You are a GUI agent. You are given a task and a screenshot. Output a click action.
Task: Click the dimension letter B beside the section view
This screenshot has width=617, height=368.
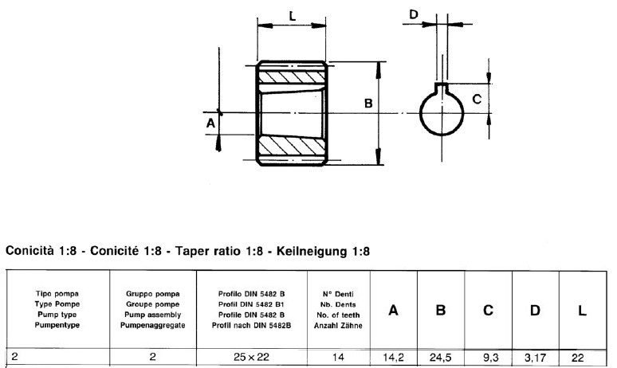coord(368,104)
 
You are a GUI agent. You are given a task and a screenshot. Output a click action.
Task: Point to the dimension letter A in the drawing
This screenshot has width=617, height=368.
coord(210,123)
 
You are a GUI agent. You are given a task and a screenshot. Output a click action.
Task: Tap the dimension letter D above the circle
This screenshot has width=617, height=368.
coord(414,14)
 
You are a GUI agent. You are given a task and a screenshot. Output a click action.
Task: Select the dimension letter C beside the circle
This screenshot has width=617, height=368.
coord(476,100)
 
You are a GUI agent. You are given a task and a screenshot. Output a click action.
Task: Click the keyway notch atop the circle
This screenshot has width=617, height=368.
coord(442,88)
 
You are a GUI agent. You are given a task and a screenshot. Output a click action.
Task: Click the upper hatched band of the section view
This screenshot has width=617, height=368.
coord(292,79)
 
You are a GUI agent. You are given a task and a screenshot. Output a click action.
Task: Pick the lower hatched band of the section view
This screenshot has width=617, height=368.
coord(292,147)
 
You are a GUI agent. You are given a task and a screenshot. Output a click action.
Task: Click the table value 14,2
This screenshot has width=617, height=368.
coord(393,358)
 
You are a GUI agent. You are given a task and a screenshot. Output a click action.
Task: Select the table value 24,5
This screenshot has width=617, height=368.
coord(440,358)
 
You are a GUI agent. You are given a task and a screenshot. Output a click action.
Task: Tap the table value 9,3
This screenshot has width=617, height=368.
coord(488,358)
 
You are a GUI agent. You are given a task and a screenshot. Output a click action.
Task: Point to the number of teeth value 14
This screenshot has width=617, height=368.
coord(338,358)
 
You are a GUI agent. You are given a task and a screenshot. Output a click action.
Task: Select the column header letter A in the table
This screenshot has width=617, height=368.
coord(393,310)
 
